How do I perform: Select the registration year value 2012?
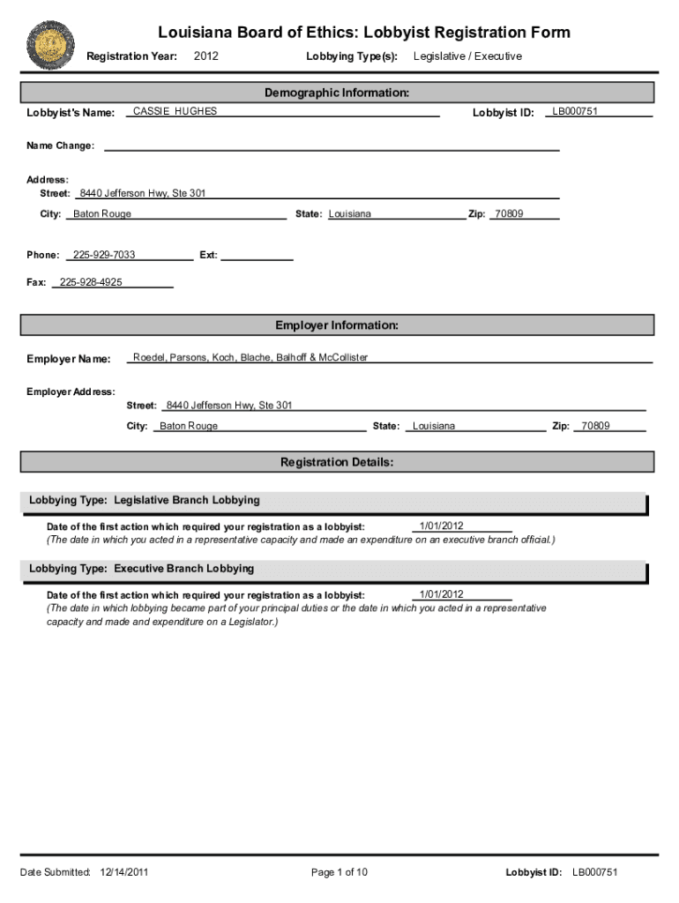coord(206,56)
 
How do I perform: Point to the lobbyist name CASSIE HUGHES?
coord(175,111)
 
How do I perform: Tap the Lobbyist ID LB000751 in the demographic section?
coord(575,111)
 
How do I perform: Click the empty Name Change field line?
coord(332,146)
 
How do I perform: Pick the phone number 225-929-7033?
coord(104,255)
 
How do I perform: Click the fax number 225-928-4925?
coord(91,282)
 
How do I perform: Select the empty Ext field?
coord(257,255)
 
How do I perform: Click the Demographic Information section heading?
coord(337,93)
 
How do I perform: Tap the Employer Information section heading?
coord(337,325)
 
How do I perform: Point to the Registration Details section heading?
coord(337,462)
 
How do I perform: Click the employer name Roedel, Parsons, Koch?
coord(250,357)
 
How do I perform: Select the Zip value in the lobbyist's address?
coord(509,214)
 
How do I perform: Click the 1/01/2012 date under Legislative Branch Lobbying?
coord(441,526)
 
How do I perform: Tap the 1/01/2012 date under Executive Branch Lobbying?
coord(441,594)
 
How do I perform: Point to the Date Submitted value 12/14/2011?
coord(124,872)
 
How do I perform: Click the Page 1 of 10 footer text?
coord(339,872)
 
